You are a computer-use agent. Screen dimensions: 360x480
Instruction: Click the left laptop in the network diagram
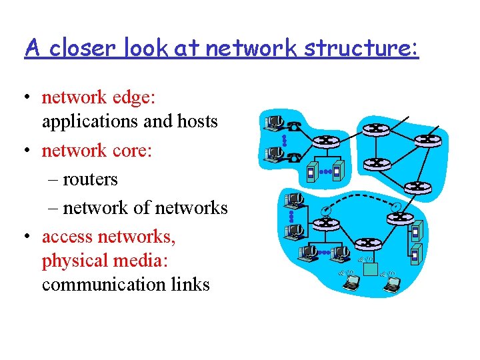click(350, 283)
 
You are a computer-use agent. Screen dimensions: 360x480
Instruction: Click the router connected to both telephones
click(326, 141)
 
